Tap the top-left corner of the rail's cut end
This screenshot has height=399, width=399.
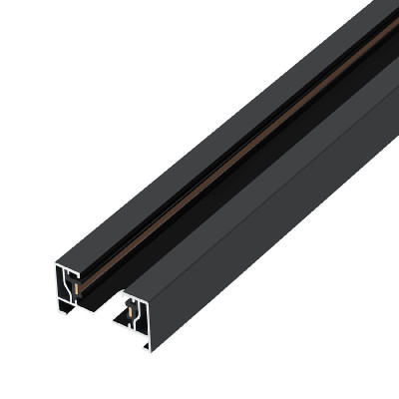57,264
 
